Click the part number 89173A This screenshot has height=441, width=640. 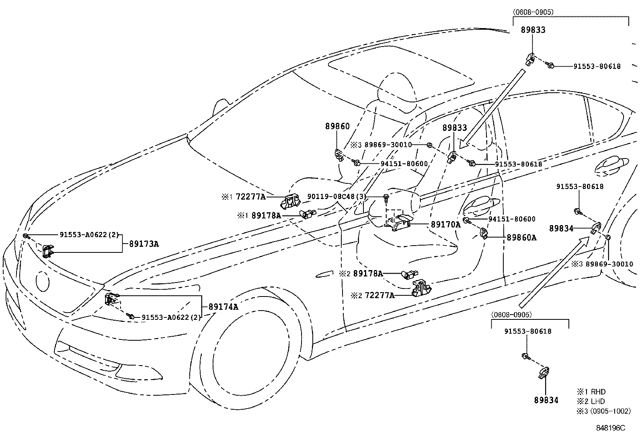(144, 244)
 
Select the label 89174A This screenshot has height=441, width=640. (223, 307)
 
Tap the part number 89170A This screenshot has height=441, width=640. (446, 224)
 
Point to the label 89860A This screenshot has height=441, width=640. (521, 238)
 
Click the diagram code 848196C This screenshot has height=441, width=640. (611, 428)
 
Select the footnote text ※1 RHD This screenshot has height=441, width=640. (591, 392)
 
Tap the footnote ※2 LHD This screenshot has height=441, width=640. (591, 401)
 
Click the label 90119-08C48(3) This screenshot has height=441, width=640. (337, 197)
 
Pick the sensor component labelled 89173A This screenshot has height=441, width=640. (48, 251)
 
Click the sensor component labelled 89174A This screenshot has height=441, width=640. (112, 300)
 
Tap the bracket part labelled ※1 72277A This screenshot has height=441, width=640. (289, 201)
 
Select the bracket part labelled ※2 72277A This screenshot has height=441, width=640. (421, 289)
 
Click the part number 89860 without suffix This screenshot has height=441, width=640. (337, 126)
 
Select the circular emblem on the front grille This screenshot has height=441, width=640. (42, 282)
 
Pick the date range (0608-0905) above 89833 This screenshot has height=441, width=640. (533, 12)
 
